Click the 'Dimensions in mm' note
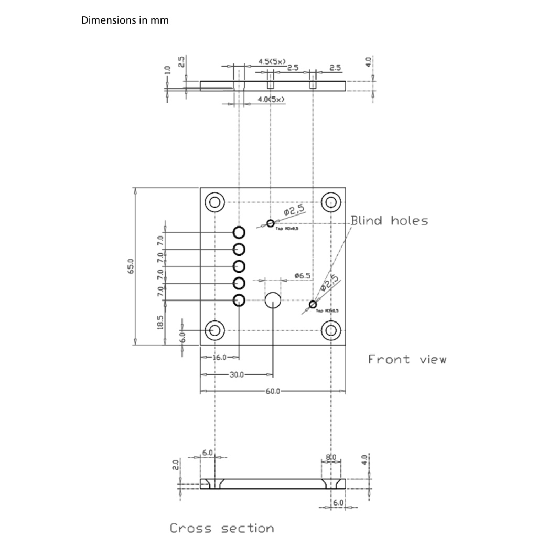click(125, 21)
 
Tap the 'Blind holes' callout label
click(389, 221)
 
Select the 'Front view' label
click(407, 360)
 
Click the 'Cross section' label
click(221, 528)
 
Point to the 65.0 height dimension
click(131, 266)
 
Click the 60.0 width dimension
click(273, 391)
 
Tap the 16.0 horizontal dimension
click(219, 357)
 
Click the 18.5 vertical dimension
click(160, 322)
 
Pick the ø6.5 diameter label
click(303, 275)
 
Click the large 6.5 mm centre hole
click(273, 300)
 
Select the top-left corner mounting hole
click(214, 202)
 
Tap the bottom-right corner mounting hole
click(330, 330)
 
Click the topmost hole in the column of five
click(239, 232)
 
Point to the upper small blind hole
click(270, 223)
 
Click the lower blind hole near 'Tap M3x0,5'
click(313, 304)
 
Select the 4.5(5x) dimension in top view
click(272, 61)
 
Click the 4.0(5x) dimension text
click(271, 99)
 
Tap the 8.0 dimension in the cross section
click(331, 457)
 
